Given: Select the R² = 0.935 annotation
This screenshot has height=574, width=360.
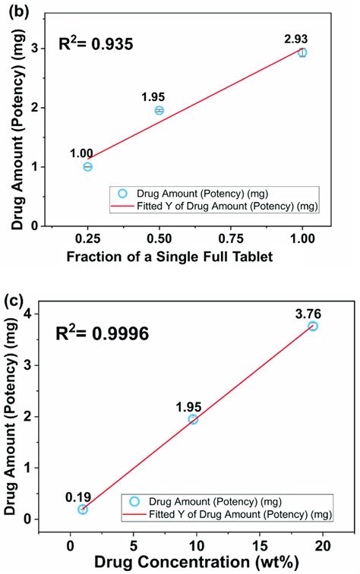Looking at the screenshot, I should tap(92, 44).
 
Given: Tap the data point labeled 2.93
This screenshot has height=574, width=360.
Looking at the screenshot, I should tap(302, 52).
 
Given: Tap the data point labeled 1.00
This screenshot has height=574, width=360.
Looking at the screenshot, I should tap(88, 166).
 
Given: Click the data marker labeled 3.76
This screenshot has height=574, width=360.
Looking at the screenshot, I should tap(312, 326).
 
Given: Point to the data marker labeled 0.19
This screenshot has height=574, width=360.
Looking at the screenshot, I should tap(83, 509).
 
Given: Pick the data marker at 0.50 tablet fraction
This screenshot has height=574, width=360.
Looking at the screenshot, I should tap(159, 110).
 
